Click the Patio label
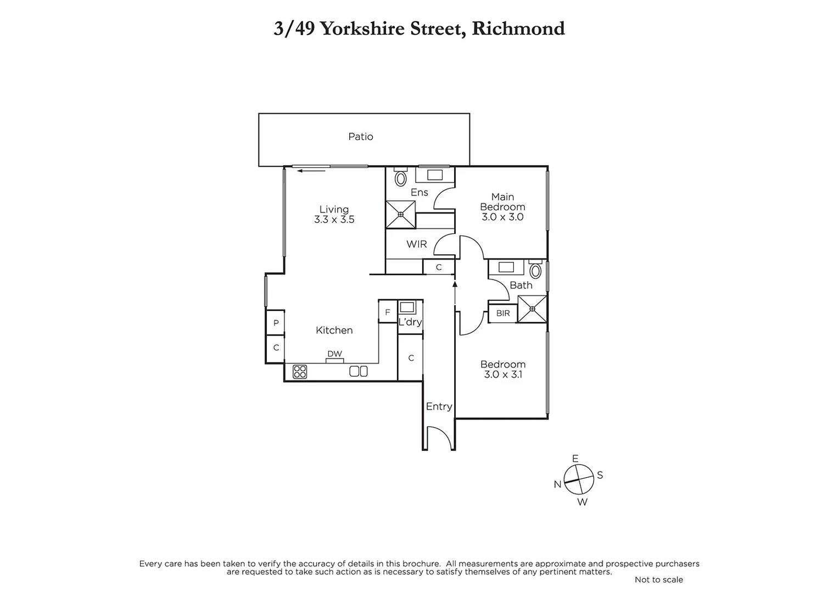(361, 137)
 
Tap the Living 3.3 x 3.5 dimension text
(334, 220)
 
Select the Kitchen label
(334, 330)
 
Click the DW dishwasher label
(334, 354)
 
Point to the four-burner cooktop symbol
(300, 372)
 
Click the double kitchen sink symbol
(359, 372)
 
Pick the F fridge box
(388, 312)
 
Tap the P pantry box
(276, 323)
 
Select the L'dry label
(410, 322)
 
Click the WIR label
(416, 244)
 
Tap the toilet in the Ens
(401, 178)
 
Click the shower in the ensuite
(401, 214)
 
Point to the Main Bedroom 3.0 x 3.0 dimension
(502, 217)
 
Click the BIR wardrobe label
(503, 314)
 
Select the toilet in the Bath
(535, 271)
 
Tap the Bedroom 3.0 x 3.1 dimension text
(502, 374)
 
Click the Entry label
(439, 406)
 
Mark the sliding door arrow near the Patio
(311, 171)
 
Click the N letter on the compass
(557, 484)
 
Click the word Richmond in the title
(518, 29)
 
